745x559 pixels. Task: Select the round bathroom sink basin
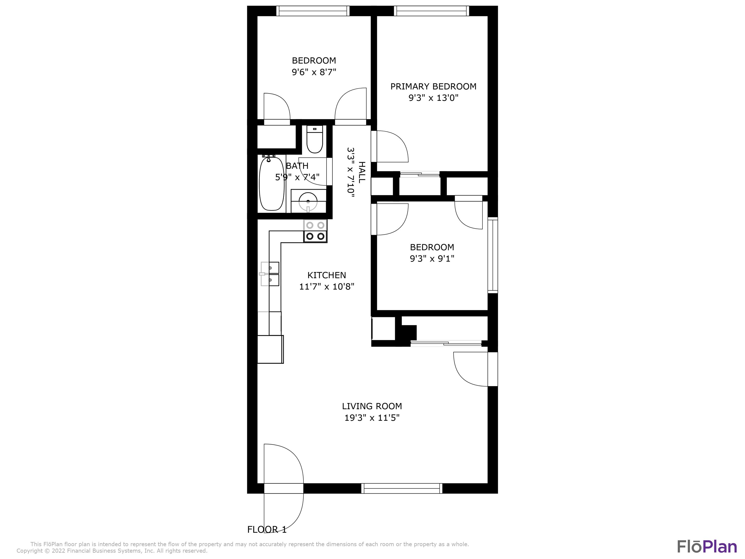[x=308, y=201]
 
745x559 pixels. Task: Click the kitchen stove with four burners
[x=315, y=231]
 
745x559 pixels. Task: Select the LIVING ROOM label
[x=372, y=406]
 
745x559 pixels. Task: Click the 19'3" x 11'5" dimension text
[x=372, y=418]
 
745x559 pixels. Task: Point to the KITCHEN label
[x=326, y=275]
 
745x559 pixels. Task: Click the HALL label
[x=361, y=172]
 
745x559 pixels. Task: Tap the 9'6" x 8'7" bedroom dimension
[x=314, y=72]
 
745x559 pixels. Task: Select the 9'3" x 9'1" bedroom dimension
[x=432, y=258]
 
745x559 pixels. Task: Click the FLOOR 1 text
[x=267, y=529]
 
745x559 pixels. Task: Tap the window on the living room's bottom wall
[x=402, y=489]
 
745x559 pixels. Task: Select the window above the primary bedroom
[x=431, y=11]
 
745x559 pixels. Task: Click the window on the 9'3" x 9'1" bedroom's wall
[x=493, y=255]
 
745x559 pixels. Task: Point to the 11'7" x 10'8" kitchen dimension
[x=326, y=287]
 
